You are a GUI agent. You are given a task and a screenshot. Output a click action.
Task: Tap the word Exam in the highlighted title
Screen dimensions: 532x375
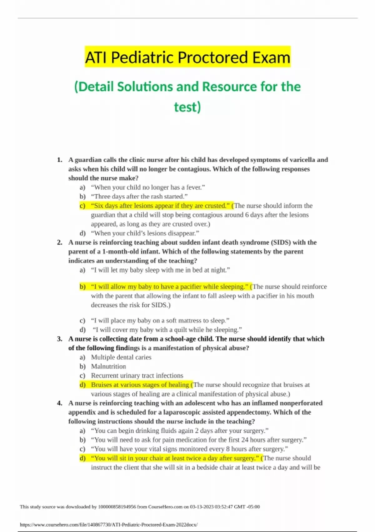tap(271, 58)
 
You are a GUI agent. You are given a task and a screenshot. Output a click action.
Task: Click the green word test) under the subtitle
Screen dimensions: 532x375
tap(187, 107)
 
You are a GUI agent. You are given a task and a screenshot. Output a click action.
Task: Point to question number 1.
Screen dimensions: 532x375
tap(60, 160)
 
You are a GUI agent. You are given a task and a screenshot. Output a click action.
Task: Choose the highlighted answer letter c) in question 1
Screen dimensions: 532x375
tap(82, 206)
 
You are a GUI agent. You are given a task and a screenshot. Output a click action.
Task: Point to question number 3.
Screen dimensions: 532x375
tap(60, 339)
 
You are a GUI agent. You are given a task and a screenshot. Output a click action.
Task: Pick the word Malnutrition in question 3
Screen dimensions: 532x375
tap(108, 366)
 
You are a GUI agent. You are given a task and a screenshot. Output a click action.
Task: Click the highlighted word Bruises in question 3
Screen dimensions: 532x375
tap(102, 385)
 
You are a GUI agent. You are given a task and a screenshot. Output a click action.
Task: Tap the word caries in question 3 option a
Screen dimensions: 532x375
tap(143, 357)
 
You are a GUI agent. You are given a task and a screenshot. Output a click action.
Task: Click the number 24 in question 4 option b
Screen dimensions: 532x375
tap(245, 440)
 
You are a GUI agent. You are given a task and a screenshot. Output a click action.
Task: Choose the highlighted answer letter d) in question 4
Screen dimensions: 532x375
tap(82, 458)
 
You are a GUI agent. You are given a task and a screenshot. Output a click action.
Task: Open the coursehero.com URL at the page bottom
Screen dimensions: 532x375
tap(109, 525)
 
